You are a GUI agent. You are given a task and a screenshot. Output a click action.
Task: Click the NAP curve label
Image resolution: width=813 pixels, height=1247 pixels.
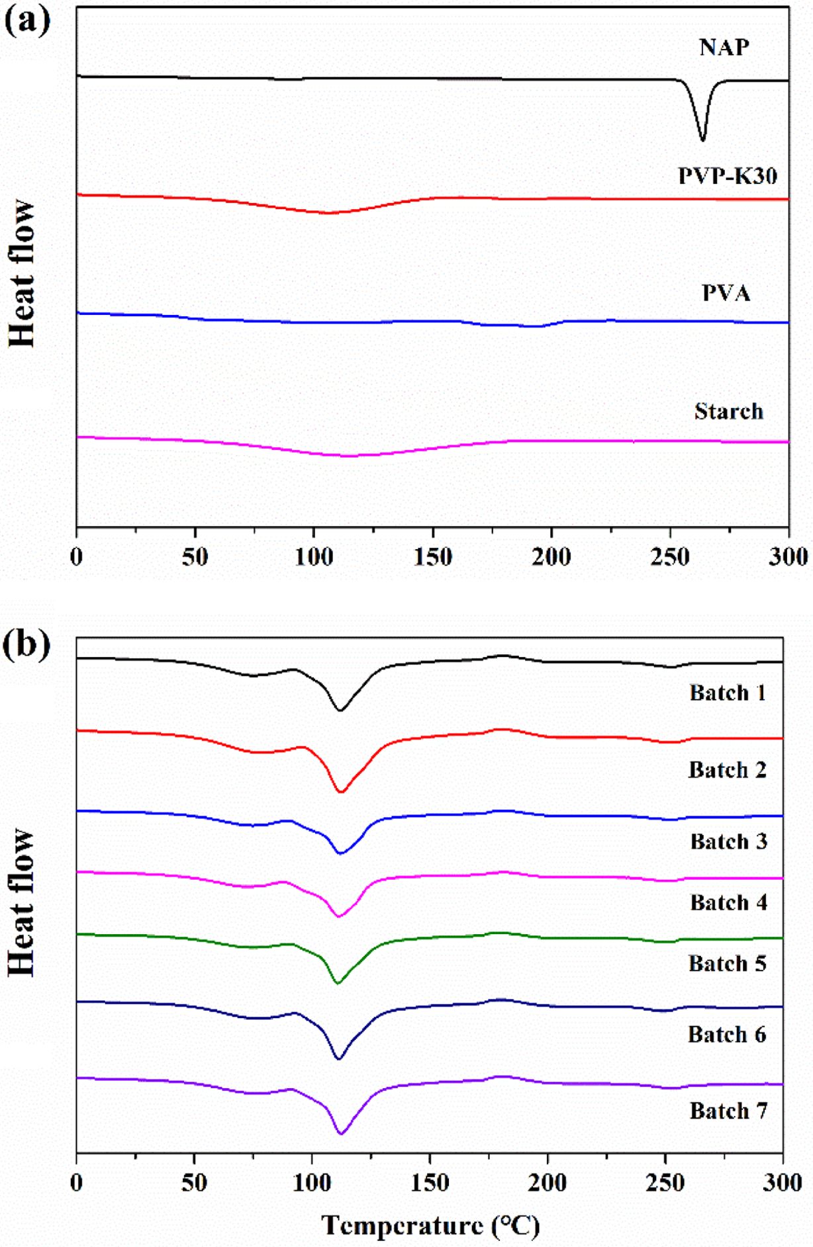(x=724, y=48)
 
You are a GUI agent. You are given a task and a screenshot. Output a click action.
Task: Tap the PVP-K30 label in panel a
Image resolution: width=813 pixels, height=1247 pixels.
(x=727, y=176)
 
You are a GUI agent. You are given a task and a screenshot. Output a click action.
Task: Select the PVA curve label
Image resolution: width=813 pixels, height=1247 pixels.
(x=726, y=292)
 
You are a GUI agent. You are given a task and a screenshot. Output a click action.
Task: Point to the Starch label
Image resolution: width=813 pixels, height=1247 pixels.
(x=728, y=411)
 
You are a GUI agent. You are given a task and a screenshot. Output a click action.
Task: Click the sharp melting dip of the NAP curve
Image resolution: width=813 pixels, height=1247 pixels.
(x=702, y=138)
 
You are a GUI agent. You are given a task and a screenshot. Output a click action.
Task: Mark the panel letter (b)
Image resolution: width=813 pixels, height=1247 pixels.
(x=27, y=644)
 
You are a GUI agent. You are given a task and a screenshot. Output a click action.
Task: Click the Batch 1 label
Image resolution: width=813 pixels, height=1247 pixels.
(x=728, y=693)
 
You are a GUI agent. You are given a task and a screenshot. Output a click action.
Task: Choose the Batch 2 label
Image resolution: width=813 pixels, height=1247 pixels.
(x=727, y=770)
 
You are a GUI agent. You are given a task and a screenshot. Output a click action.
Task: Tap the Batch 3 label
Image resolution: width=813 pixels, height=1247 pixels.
(x=728, y=841)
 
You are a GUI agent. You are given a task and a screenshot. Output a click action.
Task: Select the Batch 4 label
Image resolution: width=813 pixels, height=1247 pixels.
(x=728, y=902)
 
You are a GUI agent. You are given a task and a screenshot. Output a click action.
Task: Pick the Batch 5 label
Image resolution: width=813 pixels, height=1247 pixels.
(x=727, y=963)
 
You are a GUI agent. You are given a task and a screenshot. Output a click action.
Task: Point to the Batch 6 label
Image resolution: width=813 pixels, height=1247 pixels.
(x=727, y=1034)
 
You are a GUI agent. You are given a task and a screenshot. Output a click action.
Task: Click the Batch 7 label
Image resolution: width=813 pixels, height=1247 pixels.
(x=728, y=1111)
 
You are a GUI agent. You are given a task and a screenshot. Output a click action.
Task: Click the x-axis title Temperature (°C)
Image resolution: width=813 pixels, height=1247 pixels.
(x=430, y=1226)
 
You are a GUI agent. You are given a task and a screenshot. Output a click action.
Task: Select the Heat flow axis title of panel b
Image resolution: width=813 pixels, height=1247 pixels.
(x=22, y=902)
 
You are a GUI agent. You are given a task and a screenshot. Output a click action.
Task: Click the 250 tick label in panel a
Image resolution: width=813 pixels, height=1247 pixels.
(x=670, y=558)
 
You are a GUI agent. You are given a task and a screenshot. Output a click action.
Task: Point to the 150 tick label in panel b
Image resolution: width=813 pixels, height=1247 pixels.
(x=430, y=1182)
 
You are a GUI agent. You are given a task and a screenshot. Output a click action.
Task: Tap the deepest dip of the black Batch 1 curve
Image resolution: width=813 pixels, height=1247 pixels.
(x=340, y=710)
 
